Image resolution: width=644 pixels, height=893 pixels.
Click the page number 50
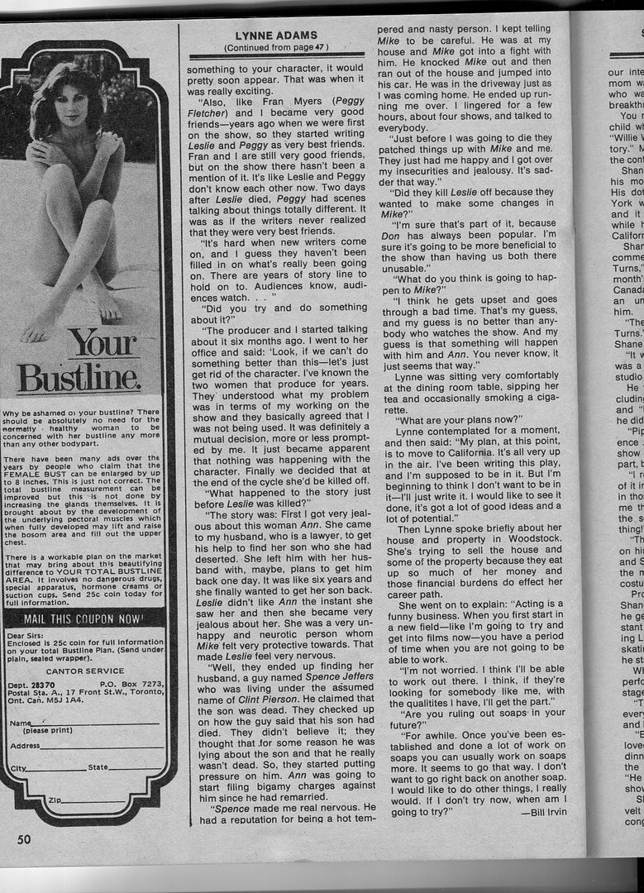(24, 839)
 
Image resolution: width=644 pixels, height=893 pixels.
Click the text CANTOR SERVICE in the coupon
(85, 671)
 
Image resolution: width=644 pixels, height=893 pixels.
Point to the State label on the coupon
(98, 768)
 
